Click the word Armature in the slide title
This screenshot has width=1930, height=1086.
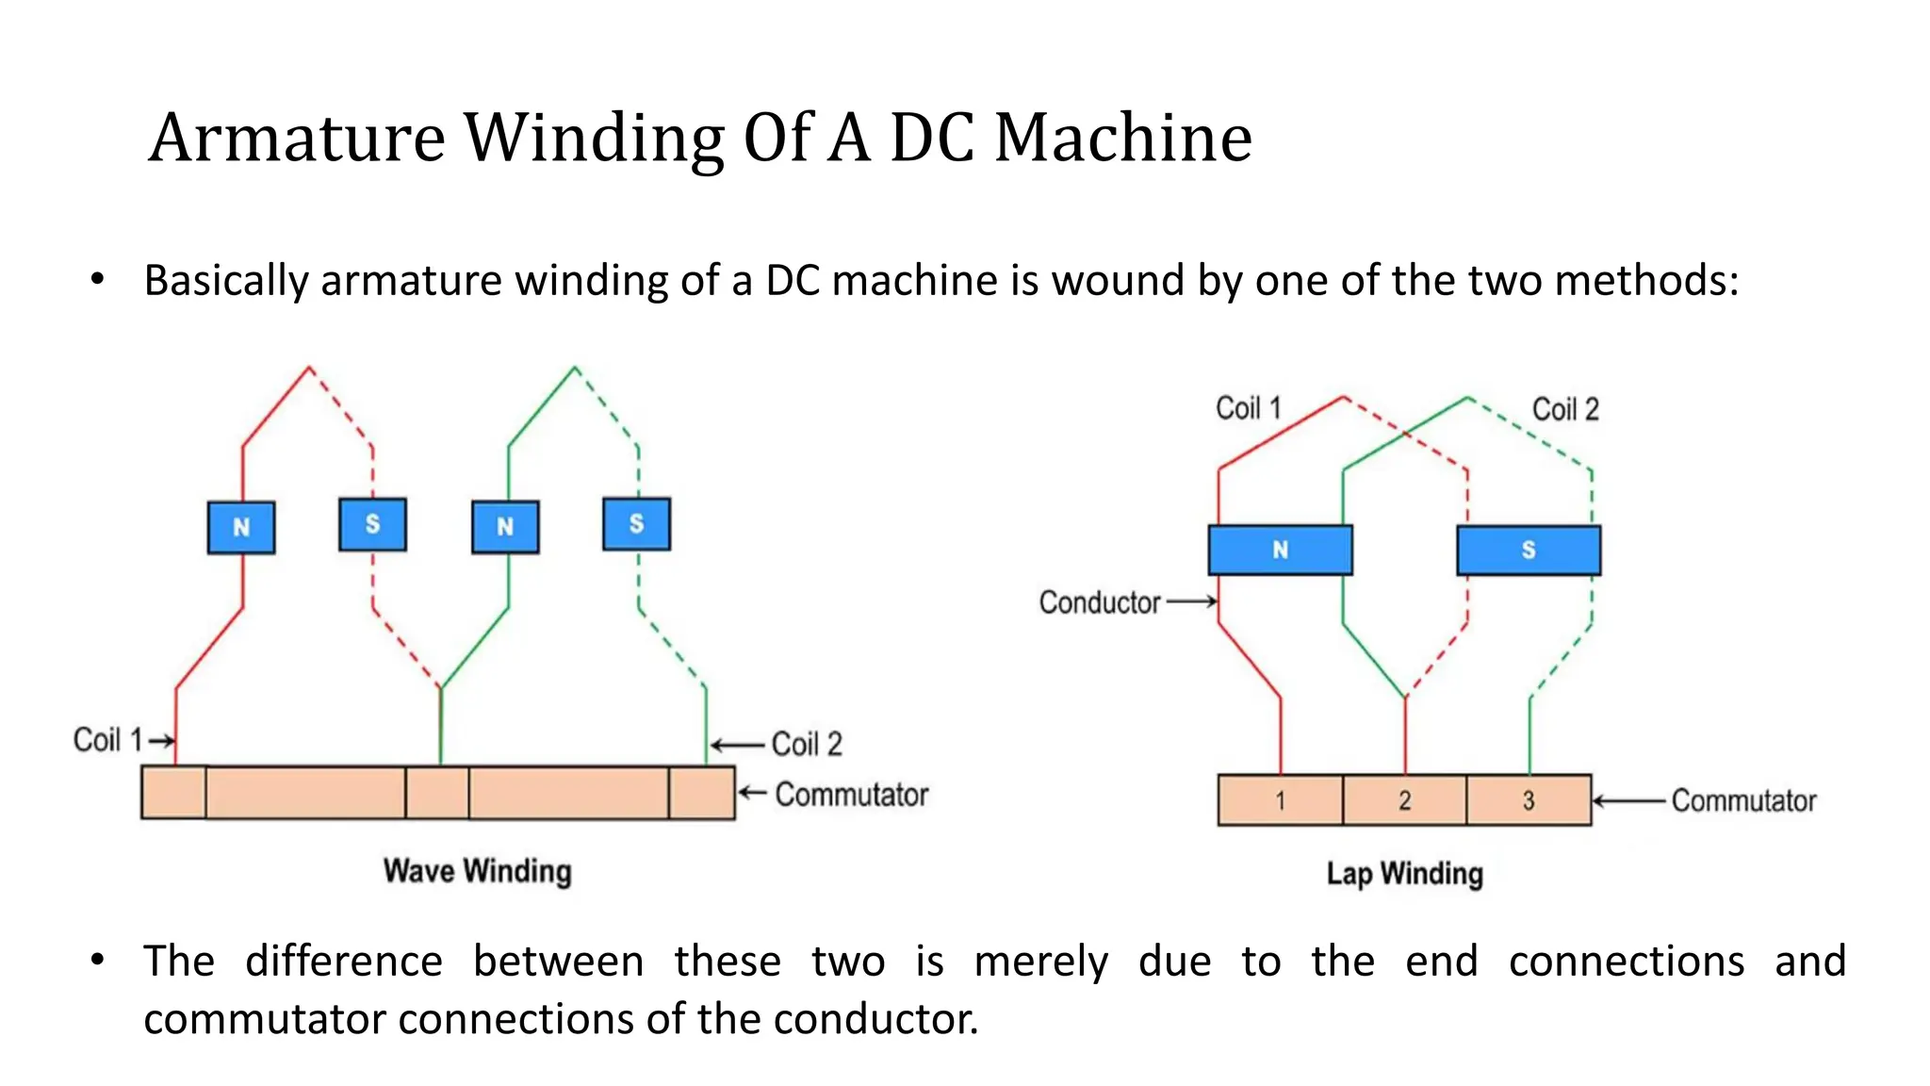click(x=296, y=138)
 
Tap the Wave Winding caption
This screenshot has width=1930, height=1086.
click(x=477, y=871)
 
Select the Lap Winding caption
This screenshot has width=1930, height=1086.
click(x=1404, y=874)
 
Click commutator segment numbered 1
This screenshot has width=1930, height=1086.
click(x=1280, y=800)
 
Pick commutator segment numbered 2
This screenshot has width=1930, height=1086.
click(x=1404, y=800)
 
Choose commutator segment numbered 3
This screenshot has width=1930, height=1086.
click(x=1529, y=800)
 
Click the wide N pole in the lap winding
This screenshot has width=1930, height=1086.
click(x=1280, y=550)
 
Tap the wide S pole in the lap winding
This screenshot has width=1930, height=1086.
click(x=1528, y=550)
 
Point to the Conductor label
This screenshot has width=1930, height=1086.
click(x=1099, y=602)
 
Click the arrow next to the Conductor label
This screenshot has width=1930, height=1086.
click(x=1192, y=601)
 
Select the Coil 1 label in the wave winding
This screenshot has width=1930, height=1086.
click(x=107, y=740)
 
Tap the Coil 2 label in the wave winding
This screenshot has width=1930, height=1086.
click(x=807, y=744)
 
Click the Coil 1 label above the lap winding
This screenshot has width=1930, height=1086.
click(x=1248, y=408)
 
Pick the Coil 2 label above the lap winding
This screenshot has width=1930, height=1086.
click(x=1565, y=409)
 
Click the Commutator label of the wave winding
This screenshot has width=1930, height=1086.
click(x=851, y=795)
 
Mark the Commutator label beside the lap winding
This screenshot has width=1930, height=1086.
click(x=1743, y=800)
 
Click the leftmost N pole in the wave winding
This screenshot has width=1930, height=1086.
click(x=241, y=527)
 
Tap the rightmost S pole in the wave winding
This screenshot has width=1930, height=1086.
click(x=637, y=523)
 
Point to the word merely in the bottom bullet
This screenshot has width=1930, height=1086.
click(x=1040, y=962)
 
